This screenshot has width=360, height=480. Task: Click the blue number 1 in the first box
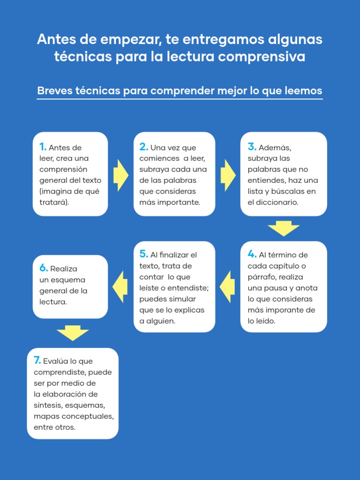(42, 147)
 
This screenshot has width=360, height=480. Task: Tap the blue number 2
(143, 147)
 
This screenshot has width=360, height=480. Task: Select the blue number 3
(252, 147)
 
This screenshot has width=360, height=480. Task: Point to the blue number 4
(252, 255)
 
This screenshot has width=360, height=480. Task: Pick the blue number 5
(143, 255)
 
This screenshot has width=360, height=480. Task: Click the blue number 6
(44, 269)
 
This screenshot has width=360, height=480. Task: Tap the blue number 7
(37, 361)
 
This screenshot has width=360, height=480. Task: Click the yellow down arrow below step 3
(284, 228)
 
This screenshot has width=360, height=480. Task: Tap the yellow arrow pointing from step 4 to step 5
(228, 286)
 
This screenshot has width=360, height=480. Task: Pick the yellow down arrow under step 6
(73, 333)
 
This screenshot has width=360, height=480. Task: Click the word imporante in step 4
(286, 310)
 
